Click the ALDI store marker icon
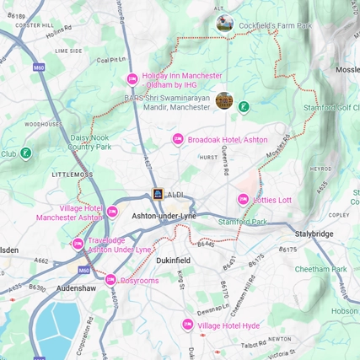[158, 195]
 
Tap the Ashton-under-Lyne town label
[163, 217]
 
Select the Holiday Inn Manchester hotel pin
[132, 79]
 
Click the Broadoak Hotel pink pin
[177, 139]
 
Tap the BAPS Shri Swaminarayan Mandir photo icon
[224, 101]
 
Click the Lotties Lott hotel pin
[243, 200]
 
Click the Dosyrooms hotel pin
[110, 280]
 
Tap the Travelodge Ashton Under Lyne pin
[78, 244]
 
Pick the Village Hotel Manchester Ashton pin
[112, 212]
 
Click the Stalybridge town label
[314, 234]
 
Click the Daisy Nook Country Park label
[89, 141]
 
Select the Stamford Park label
[242, 222]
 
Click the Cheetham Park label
[321, 269]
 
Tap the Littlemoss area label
[73, 174]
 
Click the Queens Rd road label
[225, 160]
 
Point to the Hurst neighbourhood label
[208, 157]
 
